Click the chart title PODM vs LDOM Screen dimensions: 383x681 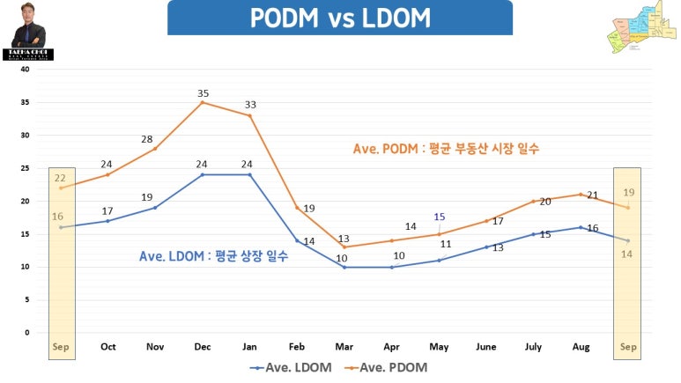pos(339,18)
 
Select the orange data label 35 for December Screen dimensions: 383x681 pos(204,92)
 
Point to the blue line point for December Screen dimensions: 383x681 pos(203,174)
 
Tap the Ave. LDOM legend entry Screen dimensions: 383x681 pos(291,367)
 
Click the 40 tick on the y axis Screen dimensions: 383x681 pos(25,69)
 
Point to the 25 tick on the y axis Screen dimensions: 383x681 pos(25,168)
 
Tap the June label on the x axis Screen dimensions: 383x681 pos(486,347)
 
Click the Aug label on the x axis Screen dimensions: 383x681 pos(581,347)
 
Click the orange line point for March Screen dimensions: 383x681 pos(344,247)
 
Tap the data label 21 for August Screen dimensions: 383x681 pos(593,195)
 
